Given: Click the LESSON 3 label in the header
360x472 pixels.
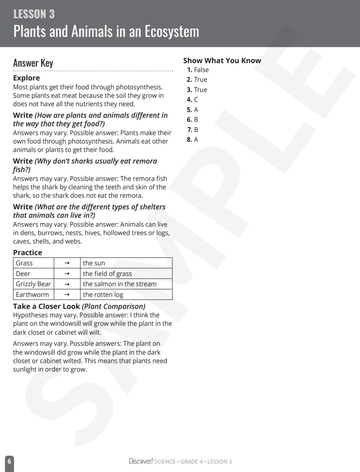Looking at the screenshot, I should click(34, 14).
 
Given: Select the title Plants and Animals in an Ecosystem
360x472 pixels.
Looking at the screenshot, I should click(106, 32).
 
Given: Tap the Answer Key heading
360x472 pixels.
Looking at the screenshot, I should click(33, 63).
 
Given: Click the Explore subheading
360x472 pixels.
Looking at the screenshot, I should click(26, 78).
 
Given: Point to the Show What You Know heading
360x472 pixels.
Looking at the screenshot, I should click(222, 60).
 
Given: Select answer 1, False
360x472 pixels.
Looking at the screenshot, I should click(198, 70).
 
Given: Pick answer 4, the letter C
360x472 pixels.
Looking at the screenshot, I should click(192, 100).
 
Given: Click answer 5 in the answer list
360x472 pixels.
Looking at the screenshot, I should click(192, 110).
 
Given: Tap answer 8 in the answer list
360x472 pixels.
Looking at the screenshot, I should click(192, 140).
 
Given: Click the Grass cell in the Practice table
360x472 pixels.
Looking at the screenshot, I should click(24, 263).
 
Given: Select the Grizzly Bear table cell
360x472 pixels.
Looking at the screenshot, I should click(33, 284).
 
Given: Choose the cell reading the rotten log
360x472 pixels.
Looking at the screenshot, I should click(103, 295).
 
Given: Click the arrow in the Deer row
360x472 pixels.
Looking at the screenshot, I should click(67, 274).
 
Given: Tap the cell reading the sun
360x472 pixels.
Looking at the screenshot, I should click(94, 263).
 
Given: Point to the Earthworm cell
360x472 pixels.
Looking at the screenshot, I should click(32, 295).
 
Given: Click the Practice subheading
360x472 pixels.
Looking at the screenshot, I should click(28, 252).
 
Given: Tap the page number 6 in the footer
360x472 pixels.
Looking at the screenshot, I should click(9, 461).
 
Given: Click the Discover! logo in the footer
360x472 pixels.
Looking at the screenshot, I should click(141, 461).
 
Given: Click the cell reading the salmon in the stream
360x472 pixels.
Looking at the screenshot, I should click(120, 284).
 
